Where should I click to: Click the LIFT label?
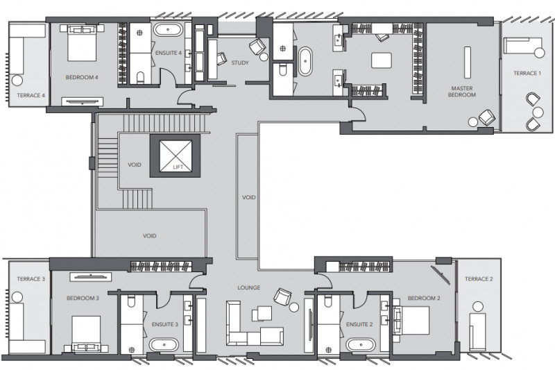pos(178,167)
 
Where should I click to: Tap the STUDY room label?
pos(240,63)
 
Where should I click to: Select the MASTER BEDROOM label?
pos(462,92)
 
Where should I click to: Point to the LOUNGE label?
pos(249,287)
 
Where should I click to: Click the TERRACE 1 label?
pos(527,74)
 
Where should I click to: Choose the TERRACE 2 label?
pos(479,279)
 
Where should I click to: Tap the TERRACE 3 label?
pos(31,279)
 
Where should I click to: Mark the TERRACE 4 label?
pos(31,95)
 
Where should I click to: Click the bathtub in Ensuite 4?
pos(168,30)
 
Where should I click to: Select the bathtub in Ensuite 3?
pos(164,344)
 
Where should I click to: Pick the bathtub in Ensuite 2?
pos(360,344)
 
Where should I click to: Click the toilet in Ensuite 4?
pos(141,77)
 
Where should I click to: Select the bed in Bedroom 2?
pos(411,321)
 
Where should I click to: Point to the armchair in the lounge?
pos(282,296)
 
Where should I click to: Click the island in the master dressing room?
pos(382,60)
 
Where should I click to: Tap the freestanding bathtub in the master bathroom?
pos(305,61)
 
